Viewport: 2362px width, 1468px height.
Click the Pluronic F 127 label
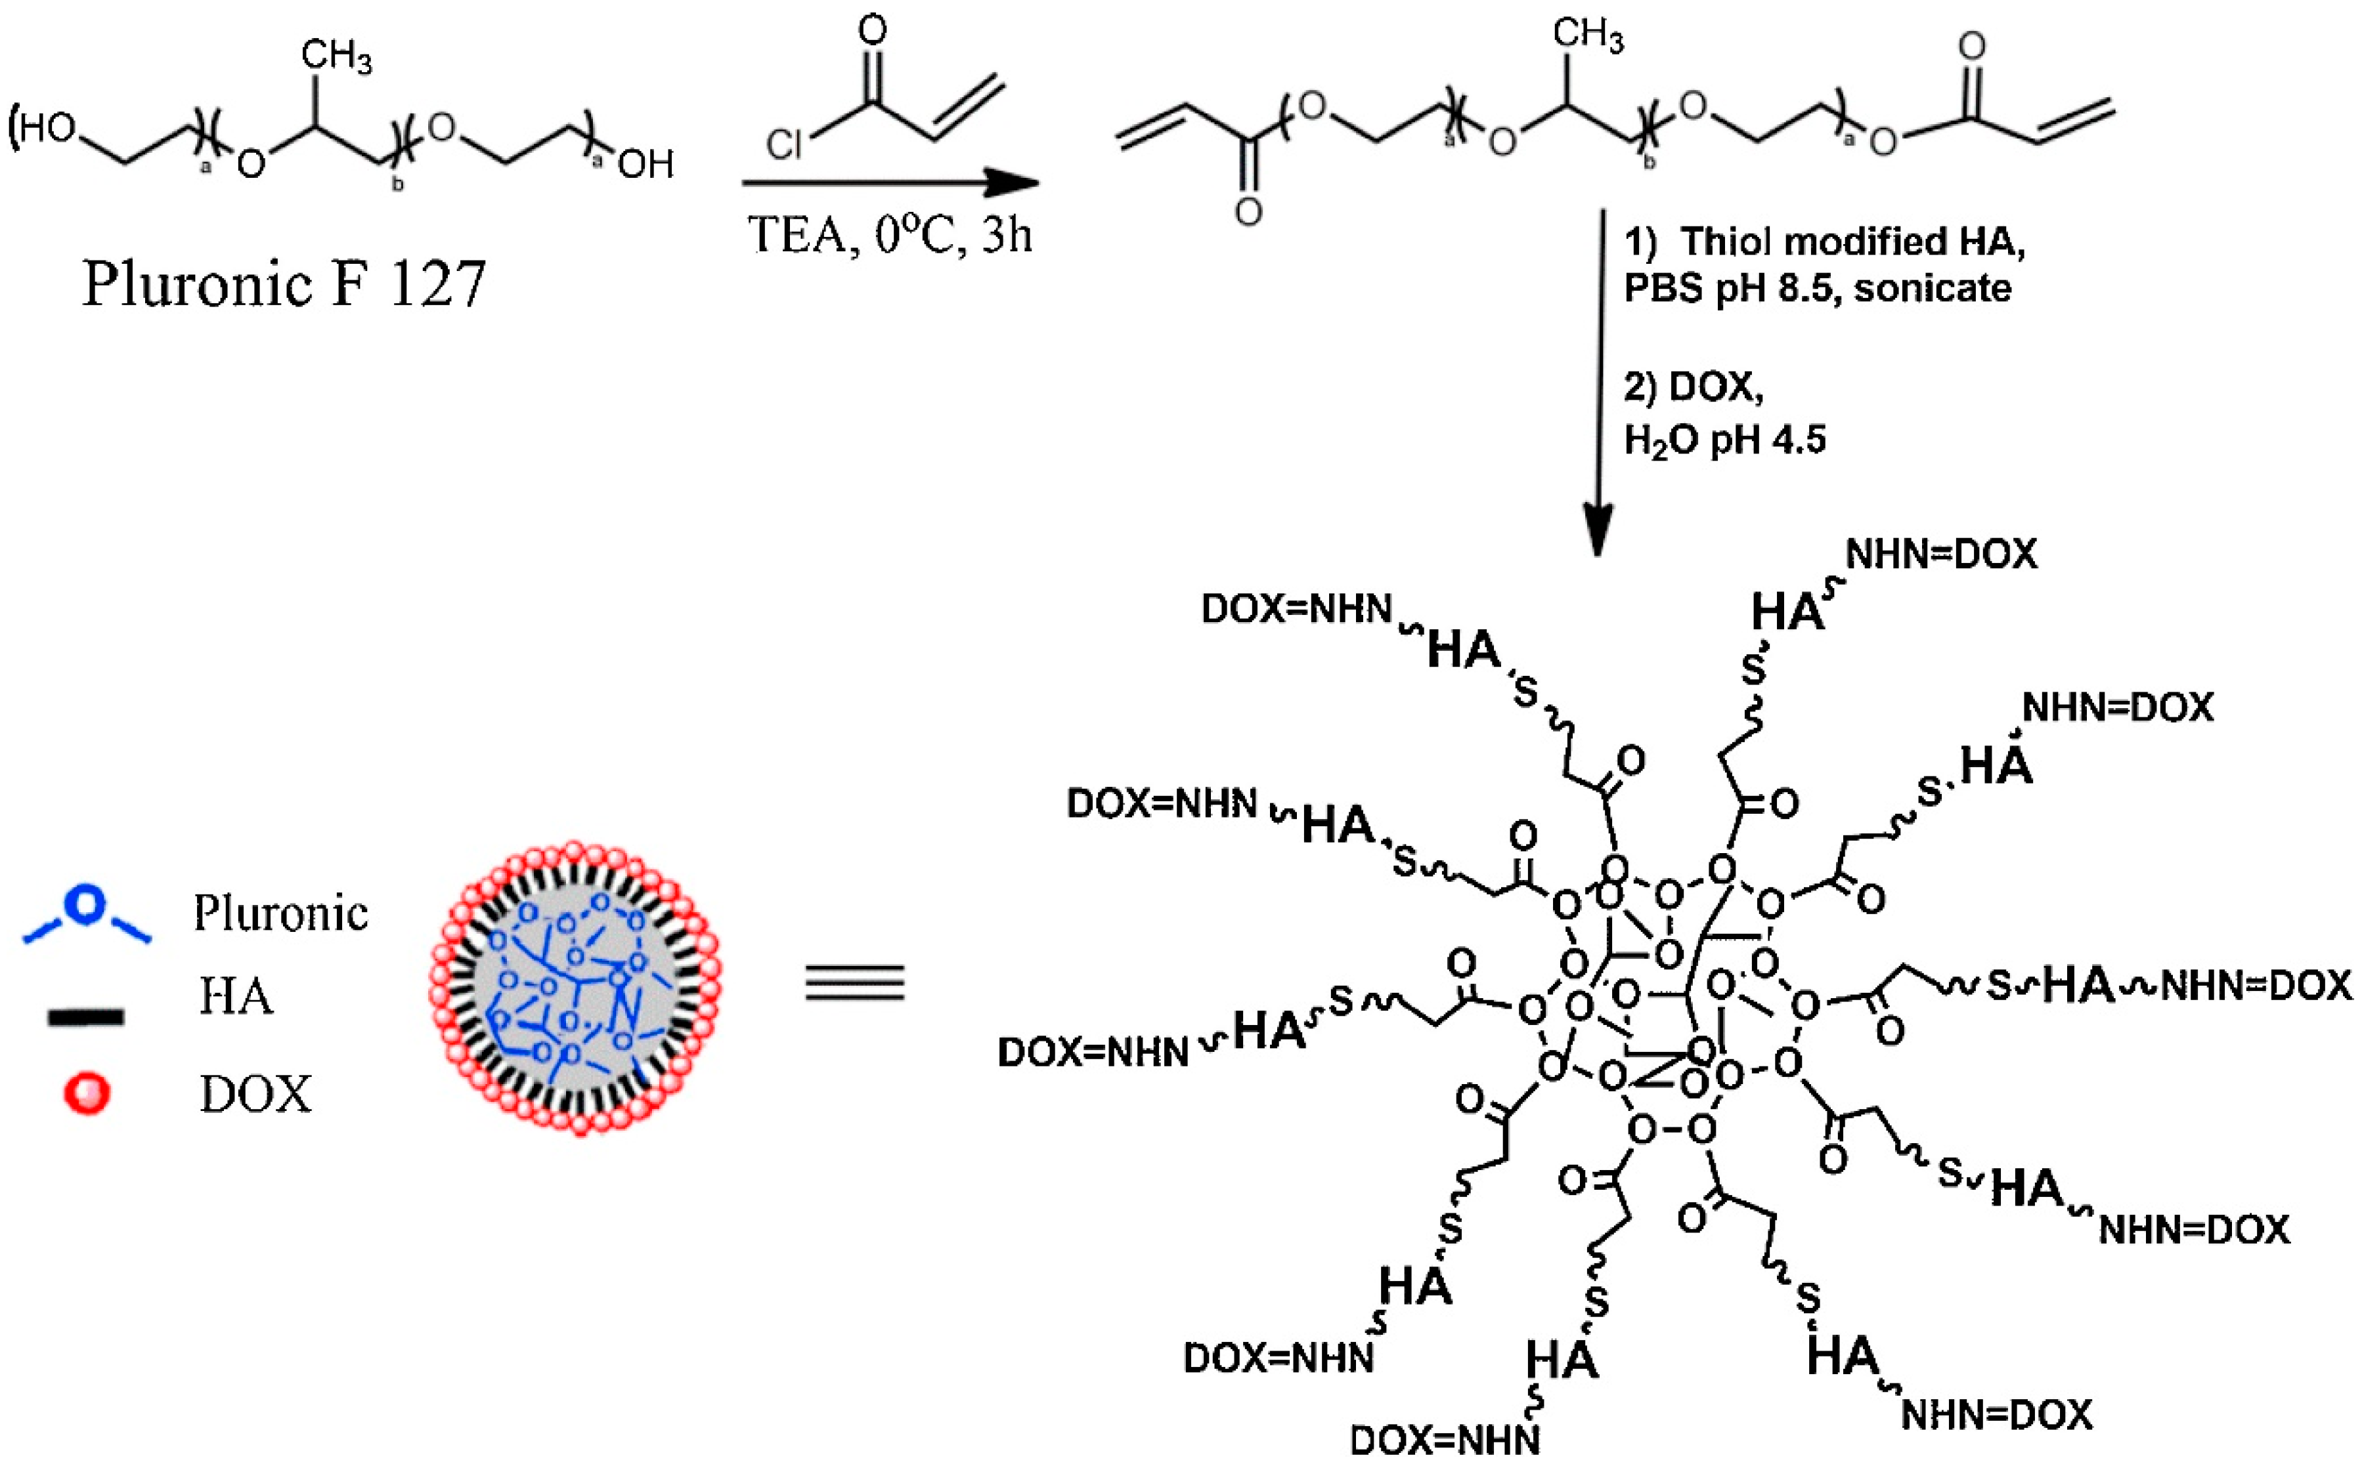pos(284,284)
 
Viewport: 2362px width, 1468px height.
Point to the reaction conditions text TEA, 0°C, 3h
pos(888,235)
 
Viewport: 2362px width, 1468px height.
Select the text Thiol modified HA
pos(1852,241)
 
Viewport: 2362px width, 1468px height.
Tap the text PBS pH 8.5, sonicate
pos(1817,288)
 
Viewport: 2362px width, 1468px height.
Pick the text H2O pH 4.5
pos(1725,440)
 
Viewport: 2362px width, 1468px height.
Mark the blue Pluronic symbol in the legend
pos(87,913)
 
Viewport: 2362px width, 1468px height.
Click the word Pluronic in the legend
pos(280,913)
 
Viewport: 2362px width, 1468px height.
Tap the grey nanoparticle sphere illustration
pos(575,988)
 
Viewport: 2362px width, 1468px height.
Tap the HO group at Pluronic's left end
pos(46,128)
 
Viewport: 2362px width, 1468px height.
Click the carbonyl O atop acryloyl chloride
pos(872,31)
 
